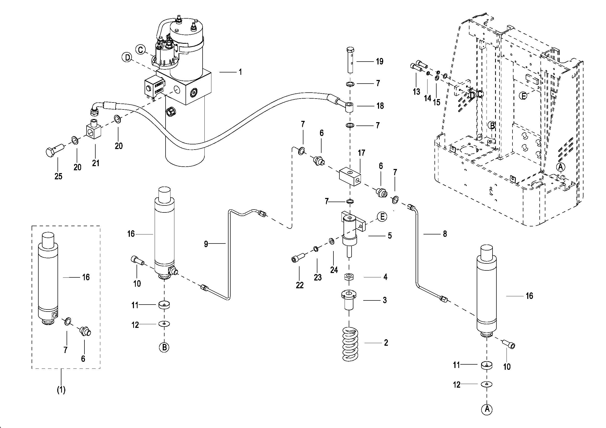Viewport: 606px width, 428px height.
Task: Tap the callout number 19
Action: [380, 62]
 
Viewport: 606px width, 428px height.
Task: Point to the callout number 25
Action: [58, 176]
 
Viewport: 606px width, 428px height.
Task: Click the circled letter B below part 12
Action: [164, 347]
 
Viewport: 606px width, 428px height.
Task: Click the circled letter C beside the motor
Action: [141, 49]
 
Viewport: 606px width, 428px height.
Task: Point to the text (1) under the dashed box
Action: [61, 389]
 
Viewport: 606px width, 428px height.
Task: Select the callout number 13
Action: [416, 92]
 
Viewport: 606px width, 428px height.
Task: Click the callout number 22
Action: [300, 285]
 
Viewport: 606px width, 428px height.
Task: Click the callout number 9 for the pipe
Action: [206, 244]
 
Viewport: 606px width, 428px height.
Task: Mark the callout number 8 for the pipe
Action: [445, 233]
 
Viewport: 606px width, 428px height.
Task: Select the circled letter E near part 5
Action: [382, 217]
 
